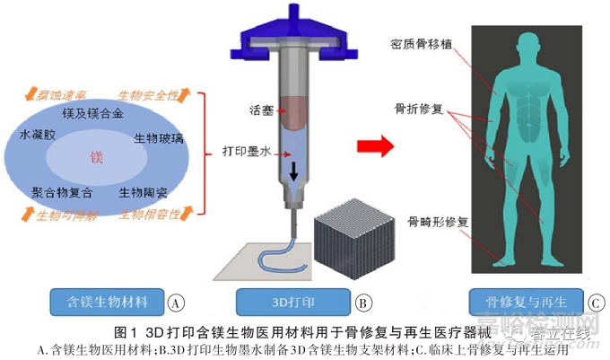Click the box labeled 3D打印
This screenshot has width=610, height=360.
click(293, 300)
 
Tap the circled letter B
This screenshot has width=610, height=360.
click(362, 302)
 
